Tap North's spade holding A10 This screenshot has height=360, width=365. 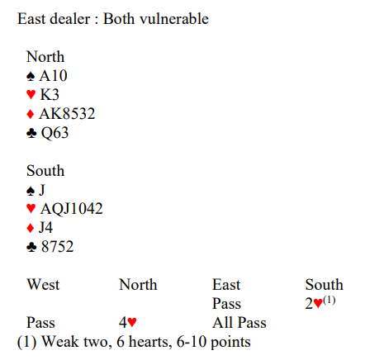pyautogui.click(x=53, y=76)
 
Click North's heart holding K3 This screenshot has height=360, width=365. pyautogui.click(x=50, y=95)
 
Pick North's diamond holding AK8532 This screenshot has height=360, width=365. pyautogui.click(x=67, y=114)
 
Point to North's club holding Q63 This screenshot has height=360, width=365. pyautogui.click(x=55, y=133)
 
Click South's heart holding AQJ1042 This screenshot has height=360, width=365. pyautogui.click(x=72, y=208)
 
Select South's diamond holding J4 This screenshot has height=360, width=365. pyautogui.click(x=45, y=227)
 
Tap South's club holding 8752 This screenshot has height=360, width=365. pyautogui.click(x=58, y=247)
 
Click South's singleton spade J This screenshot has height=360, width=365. pyautogui.click(x=42, y=190)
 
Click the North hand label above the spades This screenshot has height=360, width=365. pyautogui.click(x=45, y=57)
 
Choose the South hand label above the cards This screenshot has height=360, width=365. pyautogui.click(x=45, y=171)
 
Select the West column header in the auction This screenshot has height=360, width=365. pyautogui.click(x=43, y=284)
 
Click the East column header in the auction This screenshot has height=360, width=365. pyautogui.click(x=226, y=284)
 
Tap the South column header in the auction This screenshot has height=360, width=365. pyautogui.click(x=325, y=284)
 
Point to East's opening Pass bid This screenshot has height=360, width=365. pyautogui.click(x=226, y=304)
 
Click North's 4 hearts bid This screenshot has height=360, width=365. pyautogui.click(x=128, y=322)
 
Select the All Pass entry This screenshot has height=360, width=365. pyautogui.click(x=239, y=323)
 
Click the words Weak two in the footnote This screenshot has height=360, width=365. pyautogui.click(x=77, y=342)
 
